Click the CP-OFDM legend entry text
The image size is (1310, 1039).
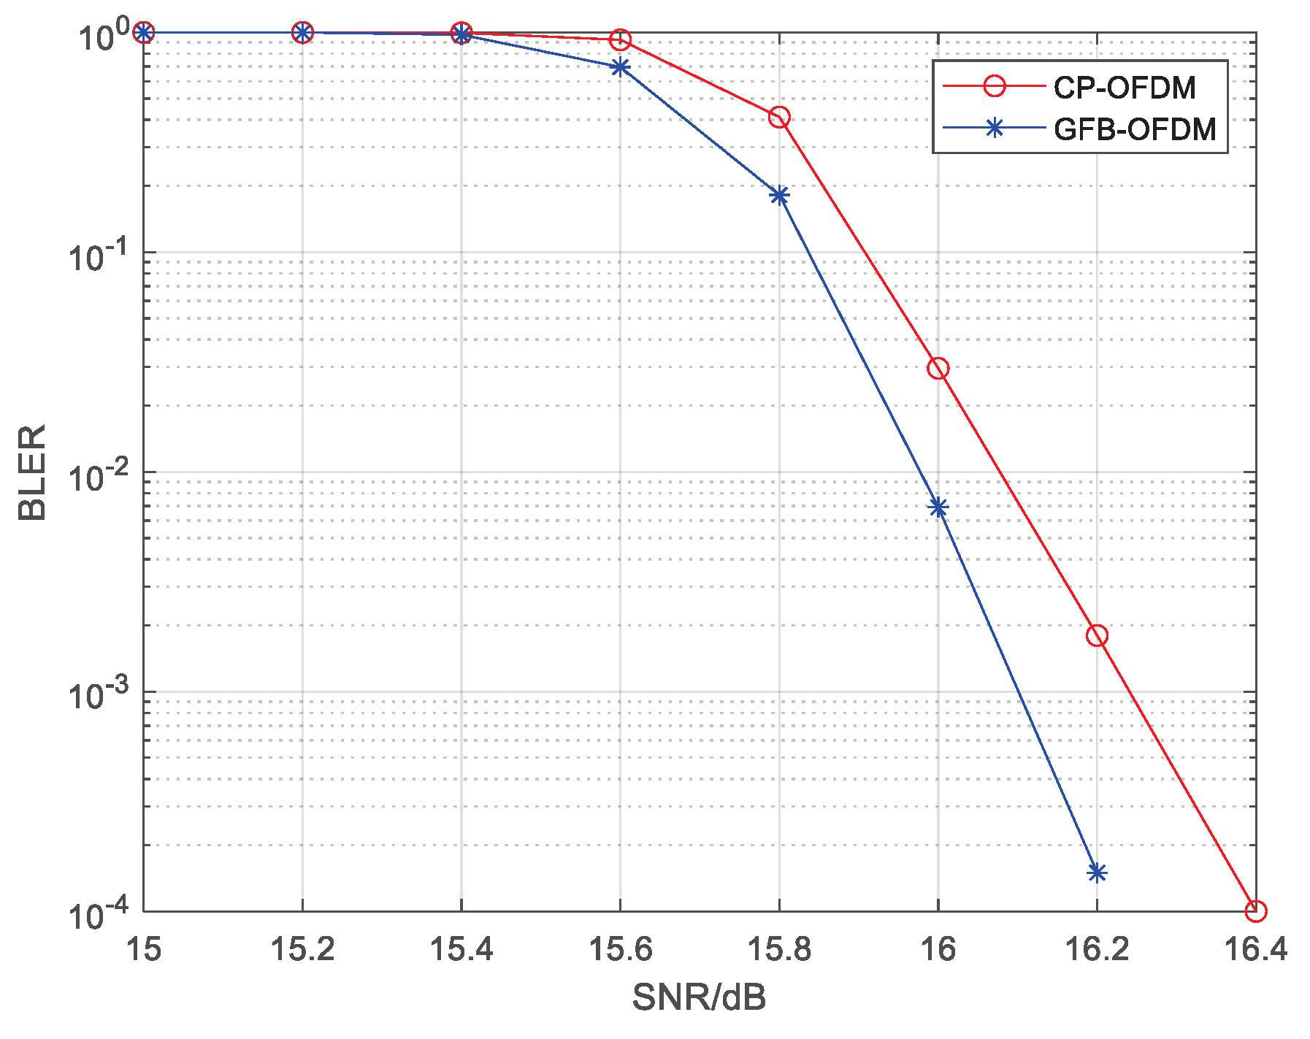(1124, 88)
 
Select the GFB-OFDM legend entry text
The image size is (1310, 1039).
(1135, 129)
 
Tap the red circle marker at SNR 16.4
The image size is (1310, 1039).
(1255, 910)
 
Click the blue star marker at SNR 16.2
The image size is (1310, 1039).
(1097, 873)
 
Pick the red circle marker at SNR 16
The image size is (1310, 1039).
(938, 368)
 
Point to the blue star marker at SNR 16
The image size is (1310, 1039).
(938, 507)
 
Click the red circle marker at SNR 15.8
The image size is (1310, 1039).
(779, 117)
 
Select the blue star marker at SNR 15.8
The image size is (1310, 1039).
(779, 195)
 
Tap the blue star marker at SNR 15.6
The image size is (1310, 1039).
(620, 67)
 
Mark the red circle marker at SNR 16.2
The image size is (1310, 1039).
(1097, 635)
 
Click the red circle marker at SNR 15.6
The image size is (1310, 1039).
(620, 39)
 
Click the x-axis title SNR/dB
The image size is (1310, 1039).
(699, 997)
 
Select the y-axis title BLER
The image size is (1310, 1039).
(32, 472)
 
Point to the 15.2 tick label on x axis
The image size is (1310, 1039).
(302, 950)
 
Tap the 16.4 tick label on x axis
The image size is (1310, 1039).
(1255, 950)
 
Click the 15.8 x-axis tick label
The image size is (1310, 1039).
(779, 950)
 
